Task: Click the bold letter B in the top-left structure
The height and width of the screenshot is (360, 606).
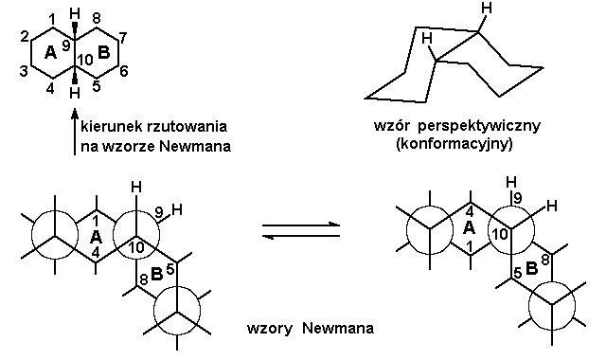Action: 104,54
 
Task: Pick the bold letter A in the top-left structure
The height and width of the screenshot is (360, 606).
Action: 51,54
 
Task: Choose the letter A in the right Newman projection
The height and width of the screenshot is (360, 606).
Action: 468,228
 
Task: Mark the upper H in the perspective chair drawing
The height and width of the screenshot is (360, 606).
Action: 485,9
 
